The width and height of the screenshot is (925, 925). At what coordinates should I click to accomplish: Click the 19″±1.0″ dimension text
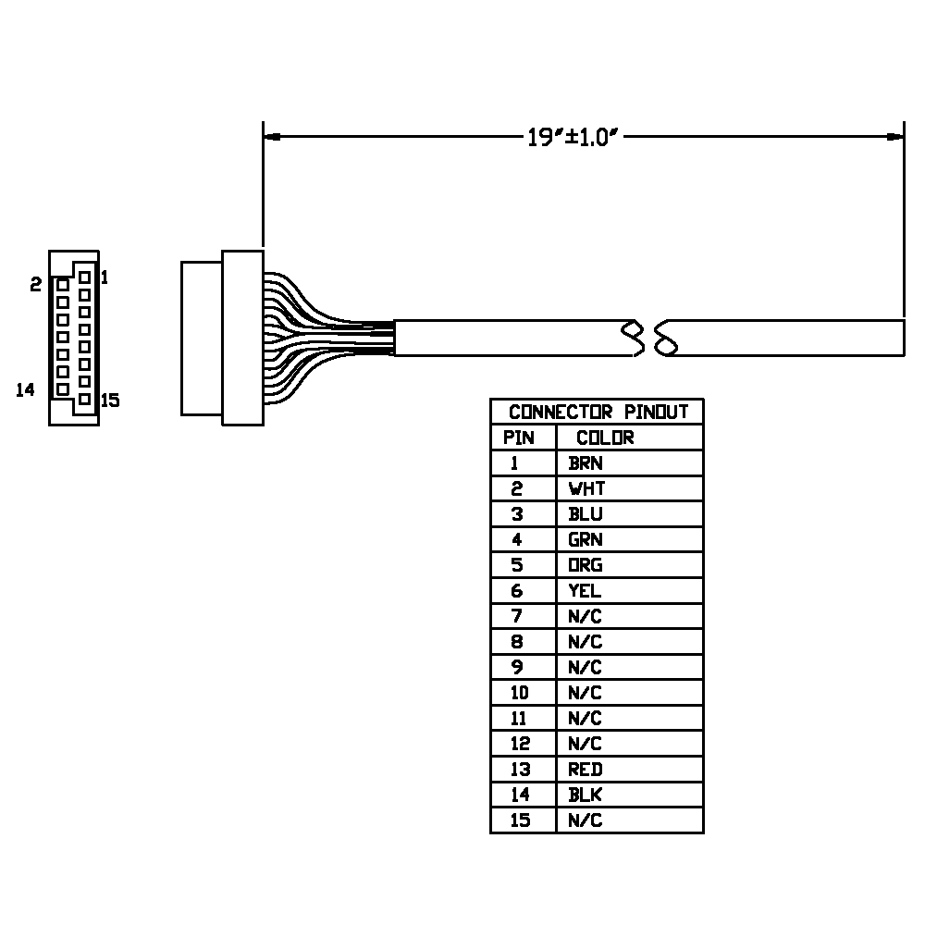(573, 138)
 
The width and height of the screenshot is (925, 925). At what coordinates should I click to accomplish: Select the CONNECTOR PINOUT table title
(598, 412)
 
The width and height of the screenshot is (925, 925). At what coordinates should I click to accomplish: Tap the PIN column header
(519, 438)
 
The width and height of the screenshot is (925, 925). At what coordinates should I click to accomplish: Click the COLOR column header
(605, 438)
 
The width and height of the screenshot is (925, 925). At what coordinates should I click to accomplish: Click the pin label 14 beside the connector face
(25, 390)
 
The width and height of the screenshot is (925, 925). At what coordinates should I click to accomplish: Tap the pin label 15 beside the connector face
(110, 401)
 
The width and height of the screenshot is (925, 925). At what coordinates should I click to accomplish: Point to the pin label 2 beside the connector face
(36, 285)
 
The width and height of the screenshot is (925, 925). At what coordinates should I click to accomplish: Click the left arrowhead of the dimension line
(272, 137)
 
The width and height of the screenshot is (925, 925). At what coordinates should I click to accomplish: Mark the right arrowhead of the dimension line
(894, 137)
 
